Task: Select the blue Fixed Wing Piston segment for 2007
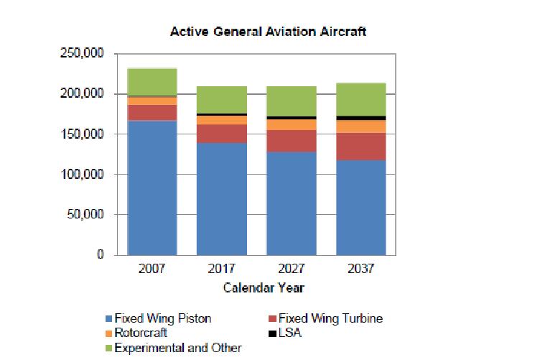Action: [153, 187]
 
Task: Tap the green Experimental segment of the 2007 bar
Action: [153, 82]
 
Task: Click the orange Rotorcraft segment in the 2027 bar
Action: [292, 124]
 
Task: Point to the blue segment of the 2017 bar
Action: [222, 198]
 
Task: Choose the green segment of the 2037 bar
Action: [361, 99]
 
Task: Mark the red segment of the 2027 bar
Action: [292, 141]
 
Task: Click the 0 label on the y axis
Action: [102, 255]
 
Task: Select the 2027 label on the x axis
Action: [292, 271]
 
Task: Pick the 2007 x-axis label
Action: [153, 271]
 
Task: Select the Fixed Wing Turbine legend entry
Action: [330, 318]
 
